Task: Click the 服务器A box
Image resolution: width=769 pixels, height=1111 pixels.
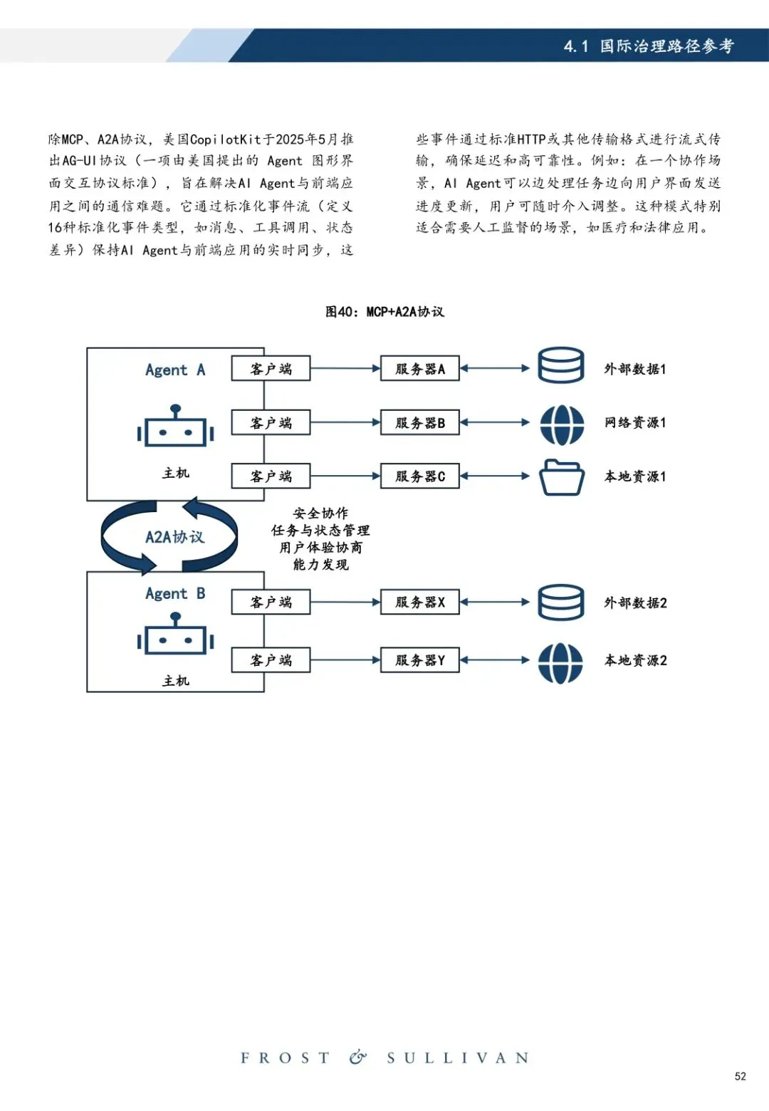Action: pyautogui.click(x=419, y=369)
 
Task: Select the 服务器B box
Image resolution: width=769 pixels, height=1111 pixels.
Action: pyautogui.click(x=419, y=423)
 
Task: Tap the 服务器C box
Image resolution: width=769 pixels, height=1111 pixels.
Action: pyautogui.click(x=419, y=476)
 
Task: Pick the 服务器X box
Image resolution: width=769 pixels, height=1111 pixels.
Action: pyautogui.click(x=419, y=603)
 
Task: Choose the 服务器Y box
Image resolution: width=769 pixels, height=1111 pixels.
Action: pyautogui.click(x=419, y=660)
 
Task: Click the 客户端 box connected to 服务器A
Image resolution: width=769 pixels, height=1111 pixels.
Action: pyautogui.click(x=271, y=369)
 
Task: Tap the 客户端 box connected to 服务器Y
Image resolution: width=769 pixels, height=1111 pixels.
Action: pyautogui.click(x=271, y=660)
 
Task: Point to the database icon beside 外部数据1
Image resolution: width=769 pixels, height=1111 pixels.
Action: pyautogui.click(x=561, y=365)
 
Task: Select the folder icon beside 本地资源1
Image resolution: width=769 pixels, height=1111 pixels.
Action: pyautogui.click(x=561, y=476)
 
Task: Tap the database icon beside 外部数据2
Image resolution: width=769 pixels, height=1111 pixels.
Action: pyautogui.click(x=561, y=603)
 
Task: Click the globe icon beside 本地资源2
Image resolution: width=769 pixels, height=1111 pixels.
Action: pyautogui.click(x=561, y=663)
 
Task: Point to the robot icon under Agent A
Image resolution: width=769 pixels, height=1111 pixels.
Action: pyautogui.click(x=175, y=427)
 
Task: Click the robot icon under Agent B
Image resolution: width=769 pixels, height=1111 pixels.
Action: pyautogui.click(x=175, y=635)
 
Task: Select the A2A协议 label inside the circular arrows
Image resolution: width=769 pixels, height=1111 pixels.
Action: pyautogui.click(x=174, y=537)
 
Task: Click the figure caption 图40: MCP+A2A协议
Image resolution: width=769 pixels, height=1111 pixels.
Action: pyautogui.click(x=384, y=312)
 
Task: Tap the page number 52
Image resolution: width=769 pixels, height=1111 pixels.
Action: pyautogui.click(x=741, y=1076)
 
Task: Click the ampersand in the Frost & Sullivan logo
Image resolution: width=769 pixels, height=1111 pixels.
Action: pyautogui.click(x=358, y=1058)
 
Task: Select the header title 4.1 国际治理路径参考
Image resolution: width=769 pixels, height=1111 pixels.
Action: pyautogui.click(x=648, y=46)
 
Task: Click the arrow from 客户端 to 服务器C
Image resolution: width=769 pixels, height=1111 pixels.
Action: pyautogui.click(x=345, y=476)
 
